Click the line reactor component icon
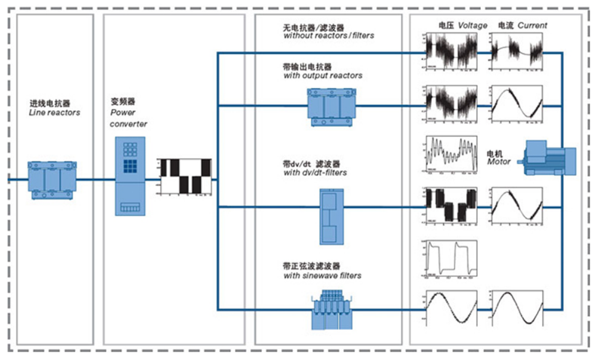point(52,180)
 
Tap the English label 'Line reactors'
point(55,113)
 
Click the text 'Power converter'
point(128,118)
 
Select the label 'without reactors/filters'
point(328,36)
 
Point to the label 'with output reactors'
point(323,76)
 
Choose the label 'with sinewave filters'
point(322,276)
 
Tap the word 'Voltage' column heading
point(472,26)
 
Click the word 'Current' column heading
point(532,26)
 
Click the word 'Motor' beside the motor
point(499,162)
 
